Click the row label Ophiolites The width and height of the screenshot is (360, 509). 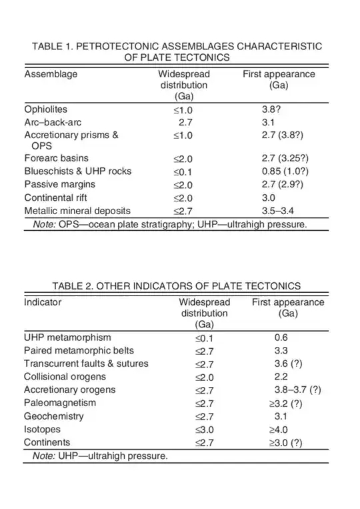point(46,109)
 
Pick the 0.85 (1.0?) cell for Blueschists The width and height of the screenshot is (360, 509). point(283,171)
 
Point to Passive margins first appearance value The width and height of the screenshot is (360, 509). point(283,184)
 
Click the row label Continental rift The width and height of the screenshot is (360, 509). point(55,197)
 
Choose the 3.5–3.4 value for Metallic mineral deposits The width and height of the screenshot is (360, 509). point(279,210)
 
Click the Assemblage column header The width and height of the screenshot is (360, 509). point(51,74)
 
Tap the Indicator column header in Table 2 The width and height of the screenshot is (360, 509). point(43,302)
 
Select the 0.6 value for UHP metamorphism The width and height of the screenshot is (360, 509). point(281,338)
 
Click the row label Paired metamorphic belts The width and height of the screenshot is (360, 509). point(79,350)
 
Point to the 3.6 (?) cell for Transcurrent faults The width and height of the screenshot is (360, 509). point(288,364)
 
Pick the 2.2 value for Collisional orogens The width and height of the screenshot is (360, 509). point(281,377)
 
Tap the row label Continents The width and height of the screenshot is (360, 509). point(48,442)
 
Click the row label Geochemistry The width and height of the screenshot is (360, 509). point(54,416)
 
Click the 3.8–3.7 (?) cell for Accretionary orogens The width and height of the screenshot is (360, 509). point(297,390)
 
